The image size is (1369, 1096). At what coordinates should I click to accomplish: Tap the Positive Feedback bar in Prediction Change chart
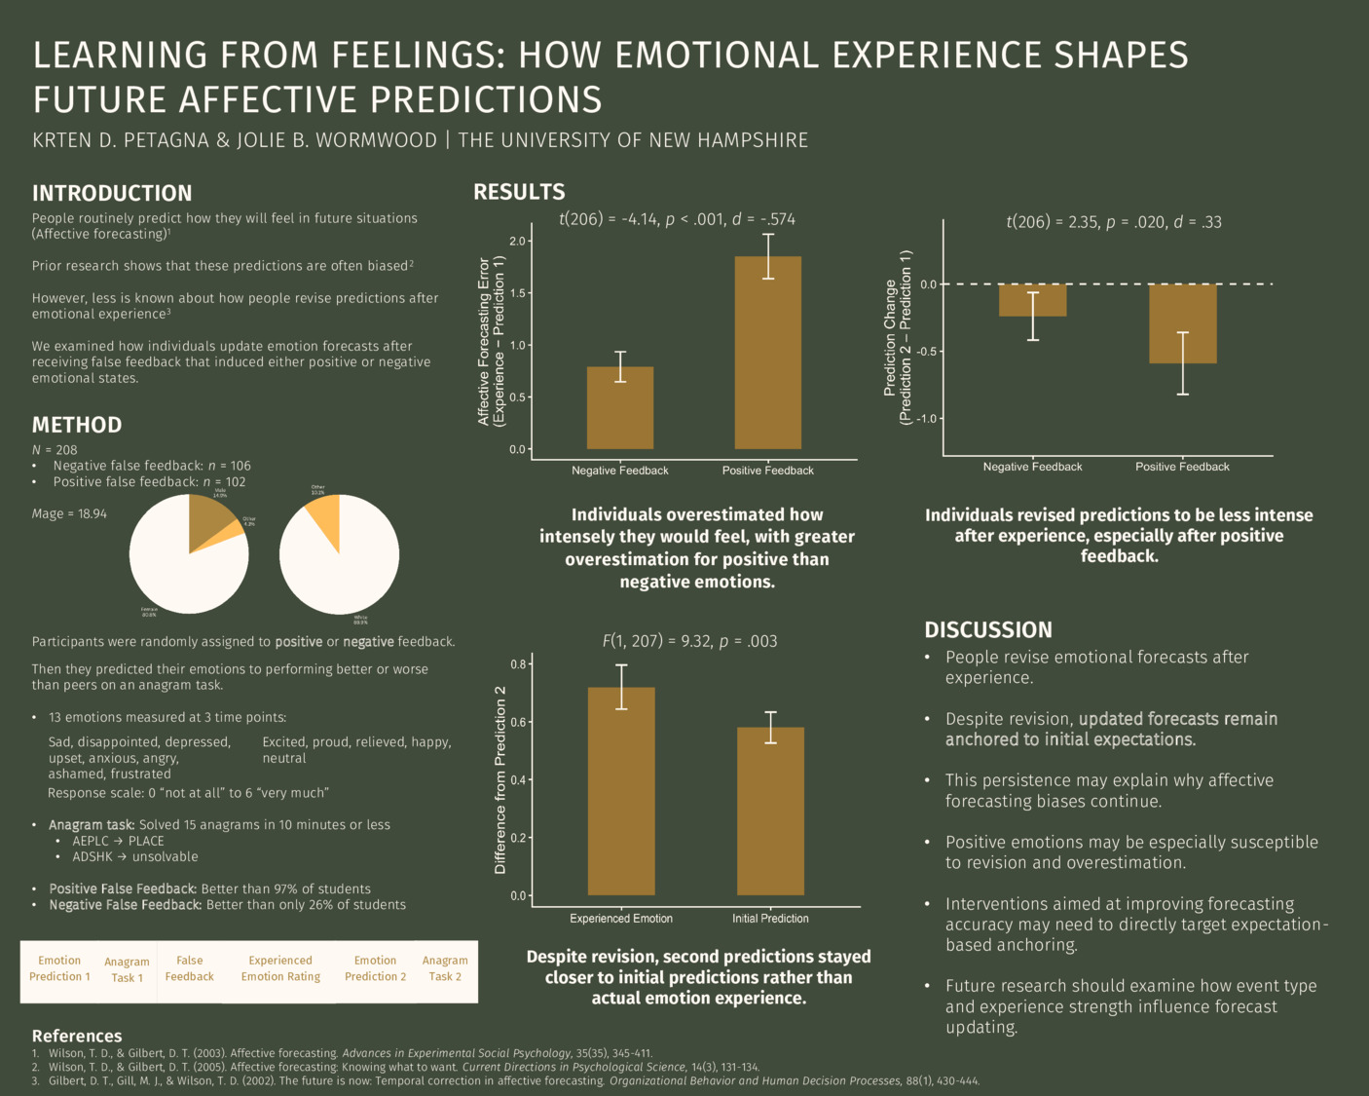pyautogui.click(x=1182, y=323)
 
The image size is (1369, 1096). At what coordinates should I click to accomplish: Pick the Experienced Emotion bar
pyautogui.click(x=621, y=791)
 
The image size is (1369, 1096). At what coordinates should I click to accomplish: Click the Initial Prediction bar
pyautogui.click(x=770, y=811)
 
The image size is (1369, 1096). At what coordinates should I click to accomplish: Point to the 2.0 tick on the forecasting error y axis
pyautogui.click(x=516, y=241)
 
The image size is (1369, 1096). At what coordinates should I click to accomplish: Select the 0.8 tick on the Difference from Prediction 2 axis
pyautogui.click(x=518, y=664)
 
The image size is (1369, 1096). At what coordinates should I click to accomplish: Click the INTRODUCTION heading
pyautogui.click(x=112, y=193)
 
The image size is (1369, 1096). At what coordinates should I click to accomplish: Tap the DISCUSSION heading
pyautogui.click(x=987, y=629)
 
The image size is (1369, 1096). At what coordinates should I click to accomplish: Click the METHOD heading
pyautogui.click(x=77, y=425)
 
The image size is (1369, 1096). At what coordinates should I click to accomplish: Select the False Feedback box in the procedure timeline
pyautogui.click(x=189, y=968)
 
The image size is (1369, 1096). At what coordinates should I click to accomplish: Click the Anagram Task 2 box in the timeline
pyautogui.click(x=445, y=968)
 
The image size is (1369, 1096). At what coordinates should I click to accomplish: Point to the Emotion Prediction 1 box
pyautogui.click(x=59, y=968)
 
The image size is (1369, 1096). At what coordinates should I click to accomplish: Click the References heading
pyautogui.click(x=77, y=1036)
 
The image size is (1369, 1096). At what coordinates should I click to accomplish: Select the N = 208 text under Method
pyautogui.click(x=55, y=450)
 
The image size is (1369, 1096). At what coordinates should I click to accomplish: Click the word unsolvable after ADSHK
pyautogui.click(x=165, y=856)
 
